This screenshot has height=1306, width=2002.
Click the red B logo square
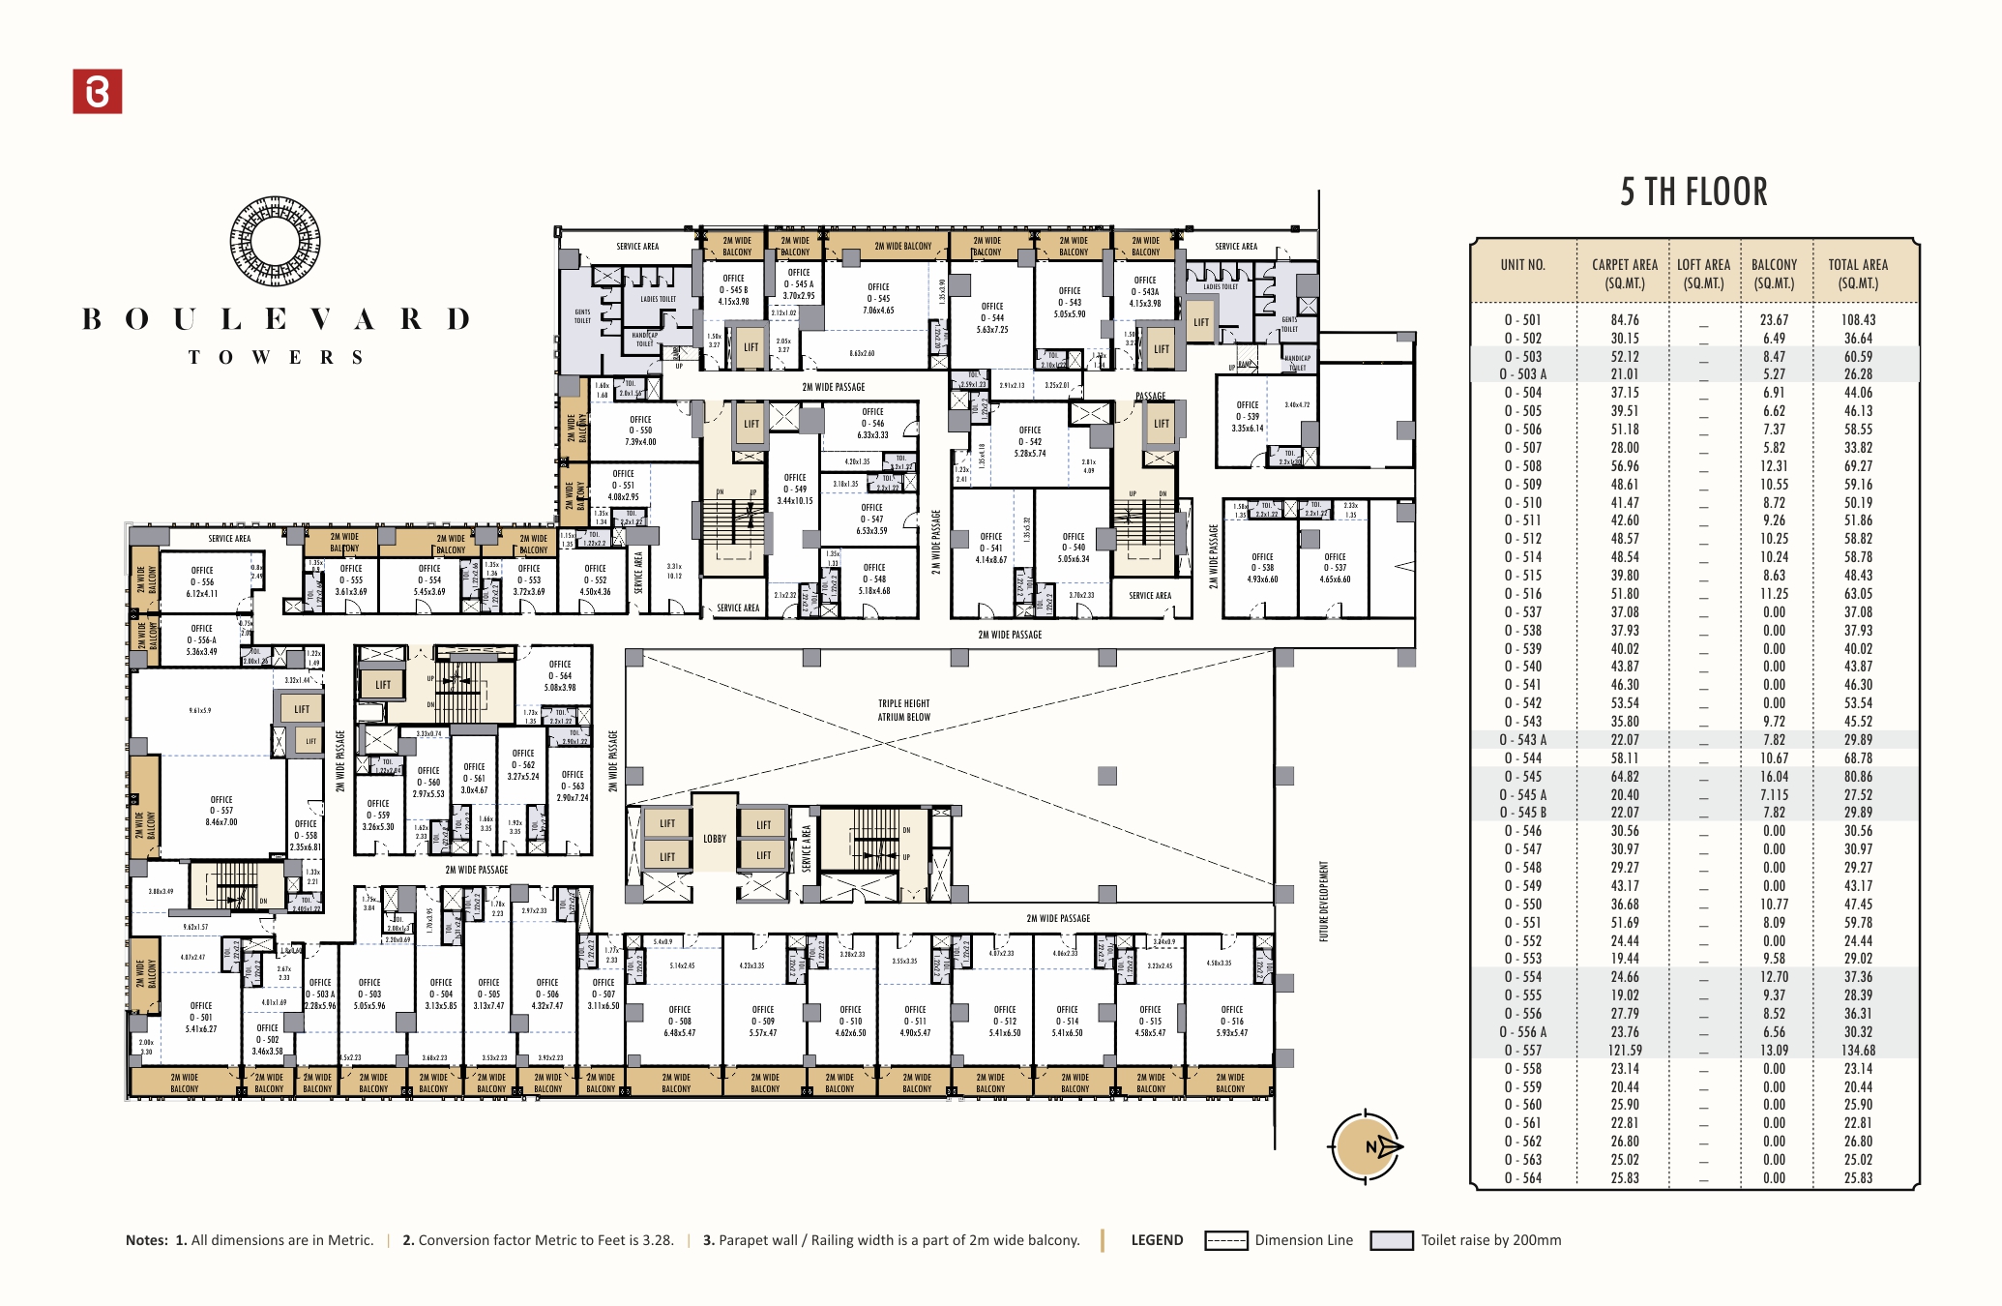tap(98, 92)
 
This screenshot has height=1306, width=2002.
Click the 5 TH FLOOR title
tap(1693, 192)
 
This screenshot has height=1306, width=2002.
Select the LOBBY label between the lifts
tap(715, 839)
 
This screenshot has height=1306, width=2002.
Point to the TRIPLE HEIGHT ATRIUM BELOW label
tap(904, 710)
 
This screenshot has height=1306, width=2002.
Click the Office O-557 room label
tap(221, 811)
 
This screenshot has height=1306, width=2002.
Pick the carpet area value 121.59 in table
tap(1625, 1051)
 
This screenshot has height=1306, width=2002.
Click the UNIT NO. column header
tap(1522, 265)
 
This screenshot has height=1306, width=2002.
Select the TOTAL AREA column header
tap(1857, 274)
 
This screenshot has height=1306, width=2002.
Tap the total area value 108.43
tap(1858, 320)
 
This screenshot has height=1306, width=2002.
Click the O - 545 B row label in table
tap(1523, 813)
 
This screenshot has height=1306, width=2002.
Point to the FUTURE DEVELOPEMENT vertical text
tap(1324, 901)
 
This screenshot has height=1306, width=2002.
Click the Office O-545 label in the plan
tap(878, 298)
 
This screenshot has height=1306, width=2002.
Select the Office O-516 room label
tap(1232, 1021)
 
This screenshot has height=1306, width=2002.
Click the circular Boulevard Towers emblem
tap(276, 242)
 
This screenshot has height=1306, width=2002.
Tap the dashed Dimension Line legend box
tap(1225, 1241)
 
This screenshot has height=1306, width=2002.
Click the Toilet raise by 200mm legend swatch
tap(1392, 1241)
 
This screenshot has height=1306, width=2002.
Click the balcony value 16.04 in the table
tap(1774, 777)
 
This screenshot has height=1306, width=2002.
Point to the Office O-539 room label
tap(1248, 416)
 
